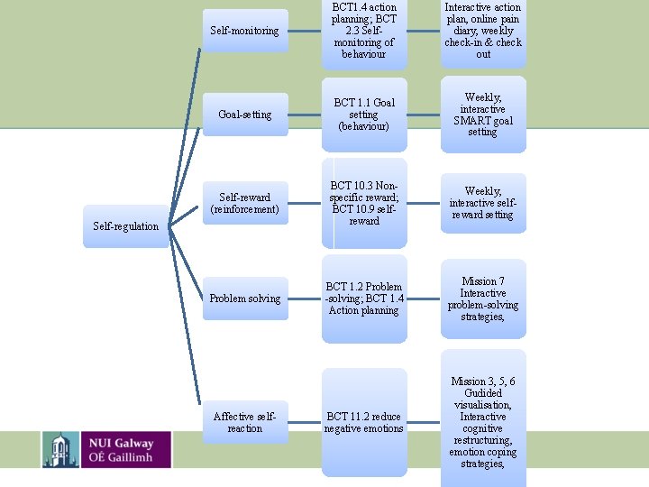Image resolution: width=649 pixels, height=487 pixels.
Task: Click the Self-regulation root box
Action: pyautogui.click(x=126, y=226)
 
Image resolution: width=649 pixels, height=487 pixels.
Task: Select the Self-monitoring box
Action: pyautogui.click(x=244, y=31)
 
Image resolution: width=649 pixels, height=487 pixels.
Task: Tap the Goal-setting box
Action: pyautogui.click(x=244, y=115)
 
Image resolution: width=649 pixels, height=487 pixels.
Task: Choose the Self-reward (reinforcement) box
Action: pyautogui.click(x=244, y=203)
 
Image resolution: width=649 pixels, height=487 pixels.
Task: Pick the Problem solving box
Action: pyautogui.click(x=244, y=299)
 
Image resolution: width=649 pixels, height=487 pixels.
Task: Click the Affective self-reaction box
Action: pyautogui.click(x=244, y=422)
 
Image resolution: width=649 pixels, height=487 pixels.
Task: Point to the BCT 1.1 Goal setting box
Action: pyautogui.click(x=364, y=115)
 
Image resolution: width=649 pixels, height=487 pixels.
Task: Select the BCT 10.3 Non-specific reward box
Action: pyautogui.click(x=364, y=203)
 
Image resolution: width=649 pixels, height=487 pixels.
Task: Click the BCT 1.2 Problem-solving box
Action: pyautogui.click(x=364, y=299)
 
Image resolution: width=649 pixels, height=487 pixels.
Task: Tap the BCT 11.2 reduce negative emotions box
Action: pyautogui.click(x=364, y=422)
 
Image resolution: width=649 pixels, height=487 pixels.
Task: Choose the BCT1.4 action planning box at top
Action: pyautogui.click(x=364, y=31)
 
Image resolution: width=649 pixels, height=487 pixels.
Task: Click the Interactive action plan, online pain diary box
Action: pyautogui.click(x=483, y=31)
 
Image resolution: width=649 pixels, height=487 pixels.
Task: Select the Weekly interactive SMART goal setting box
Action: pyautogui.click(x=483, y=115)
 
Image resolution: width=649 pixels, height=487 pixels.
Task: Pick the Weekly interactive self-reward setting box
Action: pyautogui.click(x=483, y=203)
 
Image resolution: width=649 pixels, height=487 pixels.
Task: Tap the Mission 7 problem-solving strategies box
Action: pyautogui.click(x=483, y=299)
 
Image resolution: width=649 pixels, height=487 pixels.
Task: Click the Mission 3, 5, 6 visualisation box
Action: pyautogui.click(x=483, y=422)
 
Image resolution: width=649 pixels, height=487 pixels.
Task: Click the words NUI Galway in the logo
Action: pyautogui.click(x=121, y=442)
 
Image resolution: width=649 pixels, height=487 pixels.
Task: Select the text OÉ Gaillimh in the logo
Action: pyautogui.click(x=121, y=457)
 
